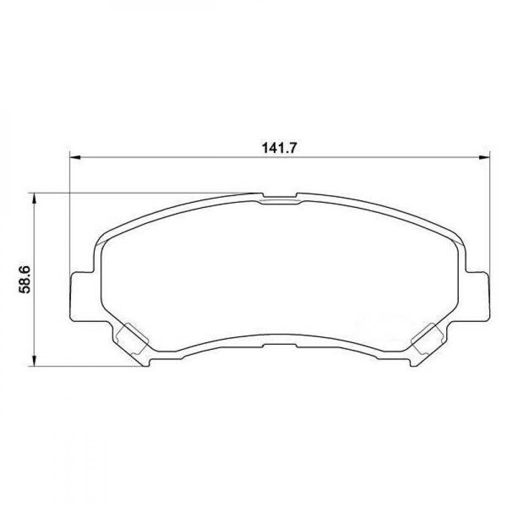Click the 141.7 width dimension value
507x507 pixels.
pos(279,149)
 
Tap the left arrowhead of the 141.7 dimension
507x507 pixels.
pos(75,158)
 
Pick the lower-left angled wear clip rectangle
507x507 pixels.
pos(132,339)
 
